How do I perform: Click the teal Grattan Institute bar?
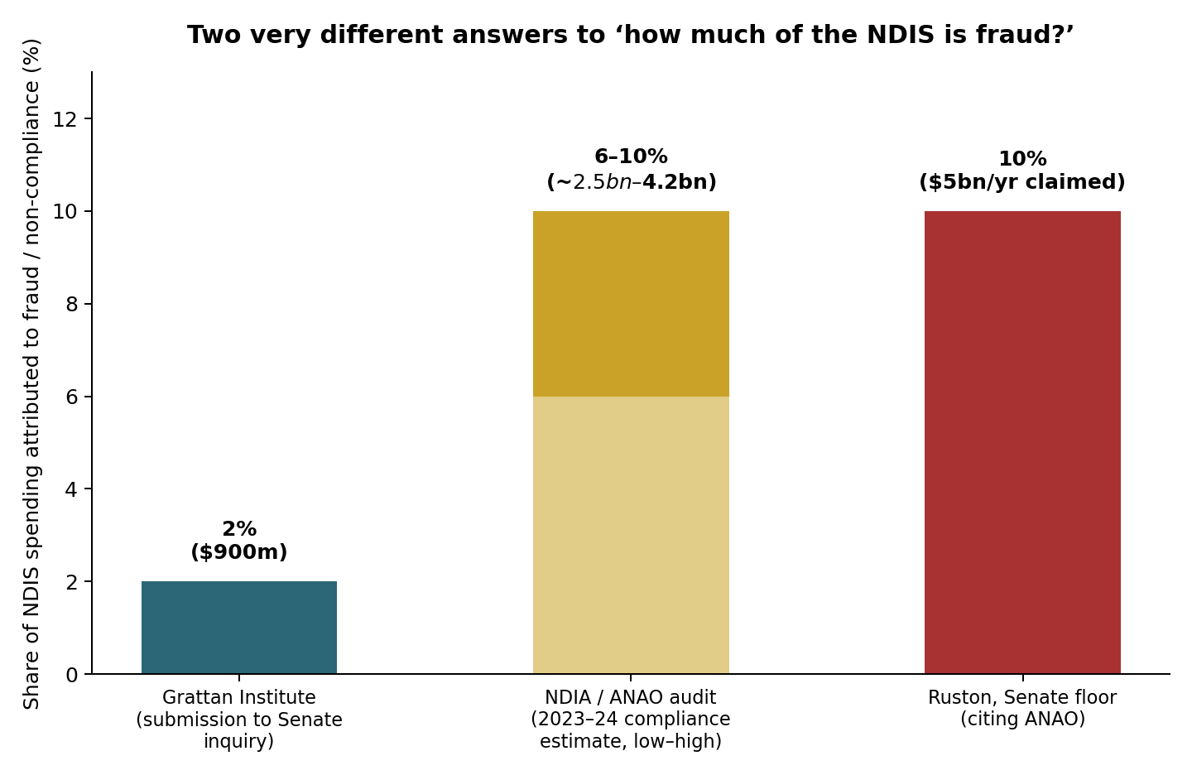[x=239, y=628]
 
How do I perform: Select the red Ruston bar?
[x=1022, y=442]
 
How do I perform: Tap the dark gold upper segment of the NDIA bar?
[x=631, y=304]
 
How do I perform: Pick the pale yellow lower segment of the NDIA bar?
[x=631, y=535]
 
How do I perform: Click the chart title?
[x=631, y=35]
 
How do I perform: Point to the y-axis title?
[x=32, y=374]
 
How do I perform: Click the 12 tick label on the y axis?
[x=65, y=119]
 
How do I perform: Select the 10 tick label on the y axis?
[x=65, y=212]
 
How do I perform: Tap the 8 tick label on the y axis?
[x=71, y=305]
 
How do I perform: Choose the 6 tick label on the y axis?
[x=71, y=397]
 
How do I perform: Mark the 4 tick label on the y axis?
[x=71, y=489]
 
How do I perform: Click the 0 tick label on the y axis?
[x=71, y=675]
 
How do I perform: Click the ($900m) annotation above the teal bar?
[x=239, y=552]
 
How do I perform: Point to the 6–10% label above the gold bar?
[x=631, y=156]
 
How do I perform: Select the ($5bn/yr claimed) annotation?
[x=1022, y=182]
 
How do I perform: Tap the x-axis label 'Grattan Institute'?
[x=239, y=697]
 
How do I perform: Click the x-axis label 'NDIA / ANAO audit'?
[x=631, y=697]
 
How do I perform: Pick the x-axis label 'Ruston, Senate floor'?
[x=1022, y=697]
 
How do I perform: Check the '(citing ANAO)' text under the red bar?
[x=1022, y=719]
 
